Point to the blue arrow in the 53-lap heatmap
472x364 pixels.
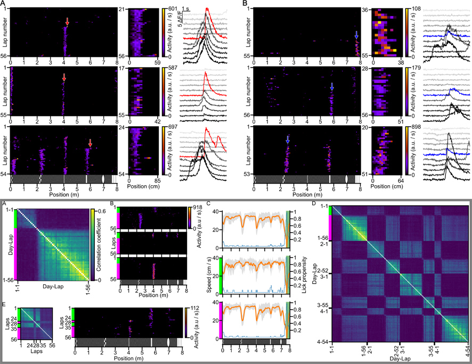(287, 140)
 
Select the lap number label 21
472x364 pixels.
(121, 9)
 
